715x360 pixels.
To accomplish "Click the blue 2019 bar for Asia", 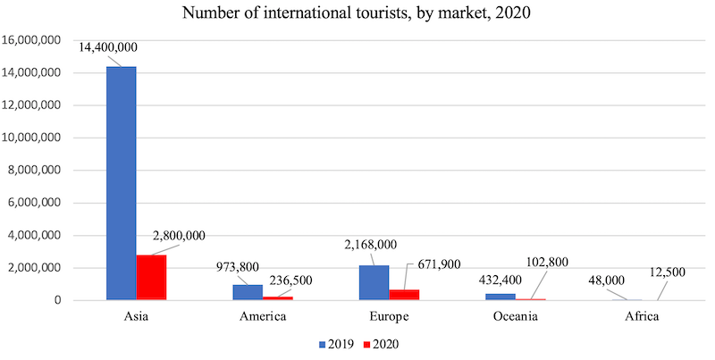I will pos(121,183).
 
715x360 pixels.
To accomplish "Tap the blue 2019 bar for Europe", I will pos(374,282).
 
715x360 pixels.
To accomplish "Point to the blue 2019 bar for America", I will pos(248,292).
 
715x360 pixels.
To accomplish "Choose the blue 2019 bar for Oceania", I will pos(500,297).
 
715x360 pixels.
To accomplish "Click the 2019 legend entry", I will pos(336,342).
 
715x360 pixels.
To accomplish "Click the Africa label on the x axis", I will pos(641,315).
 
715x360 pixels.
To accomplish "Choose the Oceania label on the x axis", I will pos(515,315).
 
